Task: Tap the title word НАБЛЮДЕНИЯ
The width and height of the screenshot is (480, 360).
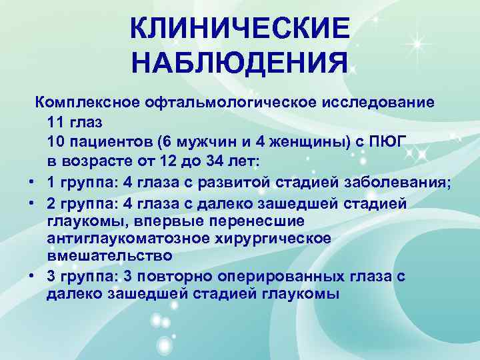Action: (239, 64)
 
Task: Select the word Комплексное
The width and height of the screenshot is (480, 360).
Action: (86, 103)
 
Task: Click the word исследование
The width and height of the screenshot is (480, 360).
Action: (381, 103)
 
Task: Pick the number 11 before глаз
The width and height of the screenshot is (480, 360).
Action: (56, 123)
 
